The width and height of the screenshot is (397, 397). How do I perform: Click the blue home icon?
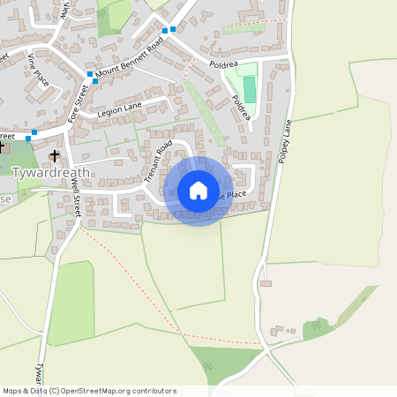(198, 191)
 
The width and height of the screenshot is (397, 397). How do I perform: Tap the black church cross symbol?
(55, 155)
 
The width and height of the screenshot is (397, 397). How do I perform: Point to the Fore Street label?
(79, 103)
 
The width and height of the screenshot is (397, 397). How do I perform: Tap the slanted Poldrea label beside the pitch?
(241, 110)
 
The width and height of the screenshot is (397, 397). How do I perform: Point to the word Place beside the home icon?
(236, 194)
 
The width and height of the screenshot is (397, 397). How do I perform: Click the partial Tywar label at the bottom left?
(38, 369)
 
